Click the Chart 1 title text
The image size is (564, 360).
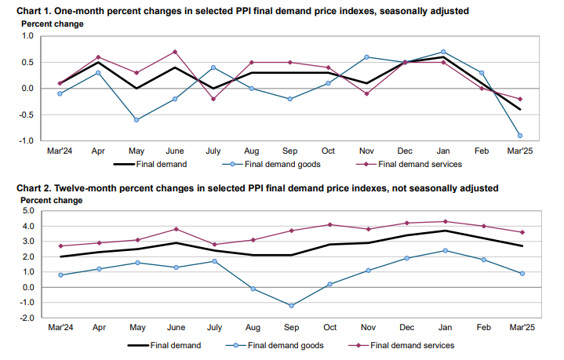pos(235,10)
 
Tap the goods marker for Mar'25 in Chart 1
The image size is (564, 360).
pos(519,135)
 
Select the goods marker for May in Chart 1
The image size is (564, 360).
pos(136,119)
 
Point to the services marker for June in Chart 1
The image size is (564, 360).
pos(174,52)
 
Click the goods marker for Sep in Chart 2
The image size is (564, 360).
pos(290,306)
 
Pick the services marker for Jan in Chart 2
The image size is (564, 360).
pos(443,221)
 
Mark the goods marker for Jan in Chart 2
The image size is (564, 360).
pos(443,250)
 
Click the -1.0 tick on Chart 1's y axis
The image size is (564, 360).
pos(27,141)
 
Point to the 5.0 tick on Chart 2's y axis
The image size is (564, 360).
pos(28,211)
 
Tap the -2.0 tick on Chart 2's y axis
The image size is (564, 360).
pos(27,318)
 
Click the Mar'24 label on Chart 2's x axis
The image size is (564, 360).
pos(60,326)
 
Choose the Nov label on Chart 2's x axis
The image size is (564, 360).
pos(366,326)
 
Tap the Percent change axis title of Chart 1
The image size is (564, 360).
pos(47,24)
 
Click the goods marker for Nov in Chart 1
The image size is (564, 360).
pos(366,56)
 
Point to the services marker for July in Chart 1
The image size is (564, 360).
pos(213,99)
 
